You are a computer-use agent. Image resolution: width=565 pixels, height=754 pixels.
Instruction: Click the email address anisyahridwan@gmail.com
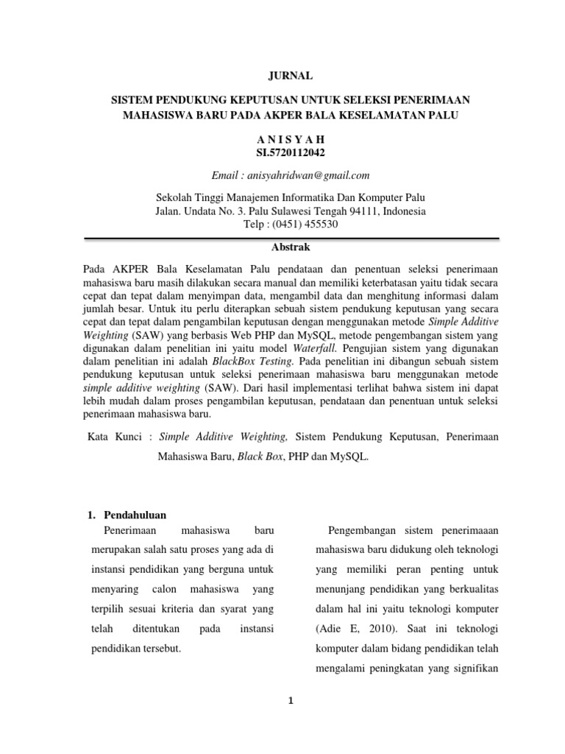(309, 175)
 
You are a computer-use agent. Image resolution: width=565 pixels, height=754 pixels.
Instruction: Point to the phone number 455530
(317, 225)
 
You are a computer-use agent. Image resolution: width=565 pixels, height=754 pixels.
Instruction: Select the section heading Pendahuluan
(135, 515)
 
